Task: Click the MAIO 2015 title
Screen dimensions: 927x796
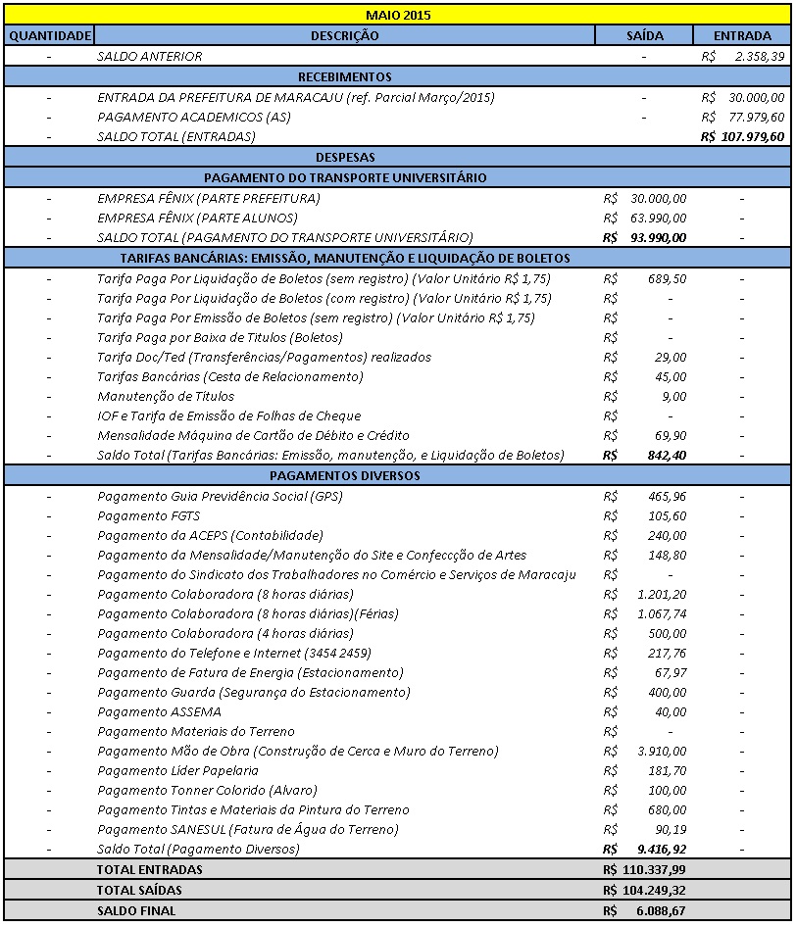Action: click(x=397, y=15)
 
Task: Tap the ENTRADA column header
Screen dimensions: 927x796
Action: click(x=743, y=35)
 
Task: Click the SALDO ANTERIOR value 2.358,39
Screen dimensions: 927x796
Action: click(x=758, y=56)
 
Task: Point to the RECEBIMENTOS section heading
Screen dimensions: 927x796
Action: click(x=344, y=76)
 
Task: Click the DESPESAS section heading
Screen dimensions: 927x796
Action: click(x=345, y=157)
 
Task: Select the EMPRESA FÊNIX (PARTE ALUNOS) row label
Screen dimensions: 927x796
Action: click(x=197, y=218)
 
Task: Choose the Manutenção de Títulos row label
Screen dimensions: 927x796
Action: click(x=166, y=396)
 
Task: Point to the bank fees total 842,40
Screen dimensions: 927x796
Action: click(x=665, y=455)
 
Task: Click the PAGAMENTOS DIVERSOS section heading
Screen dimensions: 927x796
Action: click(x=344, y=475)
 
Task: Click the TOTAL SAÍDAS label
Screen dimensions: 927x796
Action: click(x=139, y=890)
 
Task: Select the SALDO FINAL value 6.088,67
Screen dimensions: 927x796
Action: click(x=658, y=910)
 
